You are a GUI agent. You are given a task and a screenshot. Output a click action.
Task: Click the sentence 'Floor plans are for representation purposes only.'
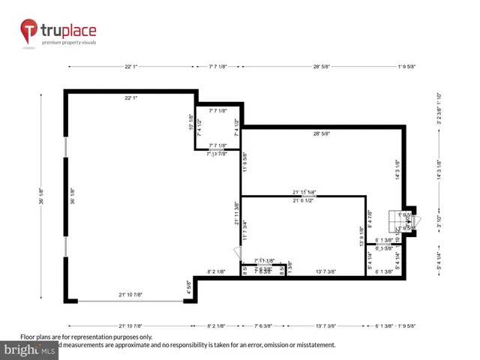86,337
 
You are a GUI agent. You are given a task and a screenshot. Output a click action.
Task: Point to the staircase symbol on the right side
394,222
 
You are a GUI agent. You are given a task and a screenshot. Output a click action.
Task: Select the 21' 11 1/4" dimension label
304,192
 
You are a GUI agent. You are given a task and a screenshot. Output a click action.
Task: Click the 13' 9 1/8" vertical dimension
361,237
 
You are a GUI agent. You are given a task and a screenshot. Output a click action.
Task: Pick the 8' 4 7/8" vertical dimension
370,226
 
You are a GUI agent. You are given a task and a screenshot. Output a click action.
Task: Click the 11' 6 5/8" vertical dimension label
244,163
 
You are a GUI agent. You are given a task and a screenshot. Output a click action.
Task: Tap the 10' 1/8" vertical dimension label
190,121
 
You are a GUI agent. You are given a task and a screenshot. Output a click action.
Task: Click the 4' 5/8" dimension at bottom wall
189,287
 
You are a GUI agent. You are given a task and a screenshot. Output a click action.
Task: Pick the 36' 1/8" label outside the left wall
40,196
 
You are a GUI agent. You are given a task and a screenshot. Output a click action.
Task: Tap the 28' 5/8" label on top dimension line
322,67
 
